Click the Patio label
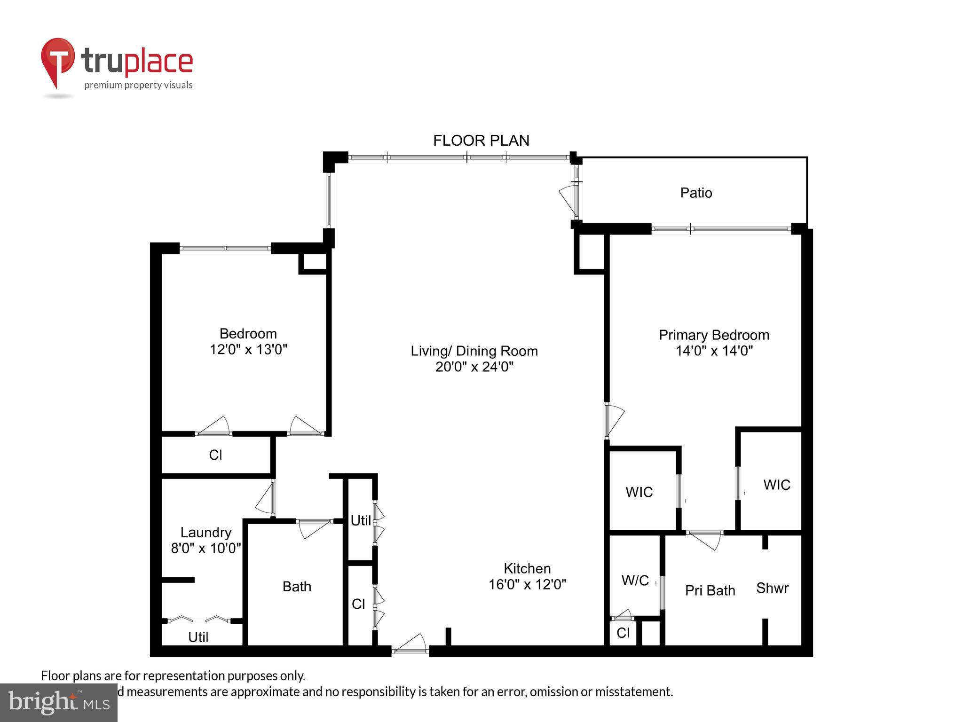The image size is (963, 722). click(696, 193)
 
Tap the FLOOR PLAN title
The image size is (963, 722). click(481, 141)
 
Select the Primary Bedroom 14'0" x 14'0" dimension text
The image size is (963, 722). click(714, 351)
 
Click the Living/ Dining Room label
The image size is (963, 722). click(474, 351)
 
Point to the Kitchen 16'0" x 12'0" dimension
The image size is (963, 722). click(527, 584)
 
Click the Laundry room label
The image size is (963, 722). click(206, 532)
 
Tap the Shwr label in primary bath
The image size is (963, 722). click(772, 588)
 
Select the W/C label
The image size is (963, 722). click(635, 581)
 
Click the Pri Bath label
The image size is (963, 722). click(710, 590)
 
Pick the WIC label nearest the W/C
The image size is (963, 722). click(639, 492)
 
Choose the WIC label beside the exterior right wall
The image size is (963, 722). click(777, 485)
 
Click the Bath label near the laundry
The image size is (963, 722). click(297, 586)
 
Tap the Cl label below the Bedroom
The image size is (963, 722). click(215, 455)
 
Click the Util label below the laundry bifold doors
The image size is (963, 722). click(198, 637)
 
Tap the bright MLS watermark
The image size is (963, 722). click(59, 702)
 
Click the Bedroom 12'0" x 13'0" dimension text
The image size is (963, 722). click(248, 349)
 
